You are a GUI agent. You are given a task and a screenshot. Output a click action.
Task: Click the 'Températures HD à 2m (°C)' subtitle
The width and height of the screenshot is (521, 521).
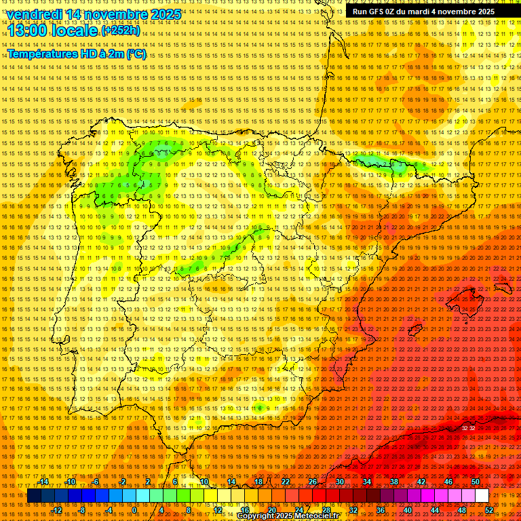(x=76, y=54)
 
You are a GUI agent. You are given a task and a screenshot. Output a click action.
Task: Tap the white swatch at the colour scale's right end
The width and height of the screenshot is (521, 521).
(x=482, y=496)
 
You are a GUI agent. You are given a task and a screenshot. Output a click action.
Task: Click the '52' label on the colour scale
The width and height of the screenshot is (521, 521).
(x=489, y=510)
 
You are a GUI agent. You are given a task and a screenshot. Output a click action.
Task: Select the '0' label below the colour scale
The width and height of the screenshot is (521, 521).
(x=134, y=510)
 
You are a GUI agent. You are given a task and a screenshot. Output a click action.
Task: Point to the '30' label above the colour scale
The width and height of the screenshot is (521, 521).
(x=339, y=482)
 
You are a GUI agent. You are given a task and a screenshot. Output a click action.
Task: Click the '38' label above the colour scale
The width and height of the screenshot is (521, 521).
(x=393, y=482)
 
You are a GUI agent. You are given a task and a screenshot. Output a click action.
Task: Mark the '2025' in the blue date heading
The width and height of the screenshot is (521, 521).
(x=165, y=14)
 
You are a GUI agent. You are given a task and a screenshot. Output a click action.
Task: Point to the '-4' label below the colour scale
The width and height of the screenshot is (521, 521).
(x=109, y=510)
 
